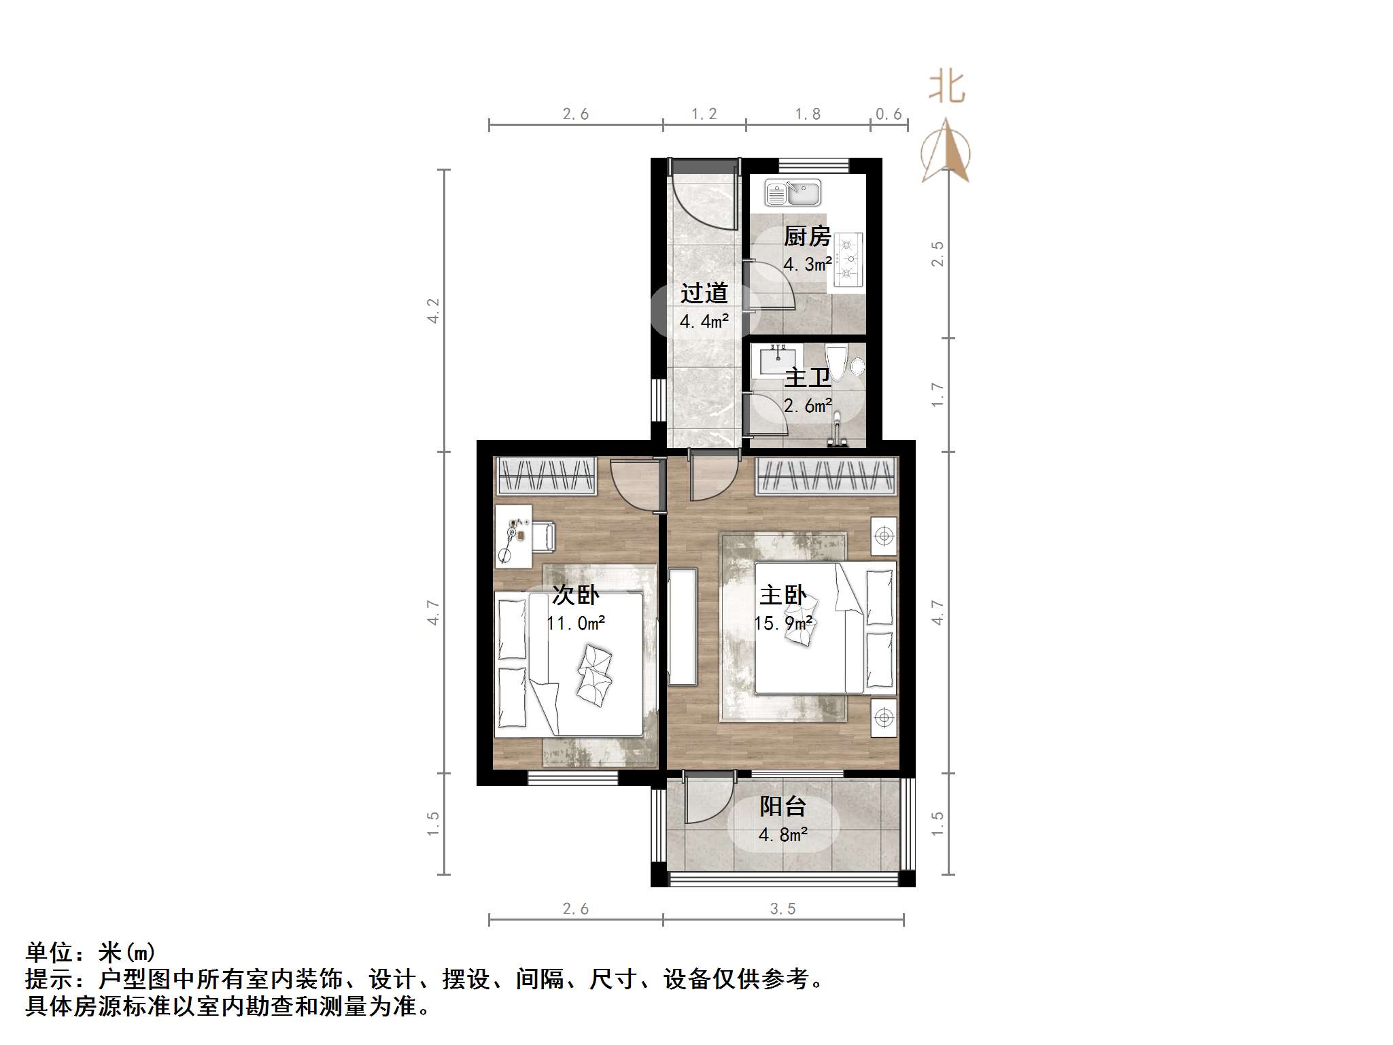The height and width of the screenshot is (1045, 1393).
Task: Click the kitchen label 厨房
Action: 807,237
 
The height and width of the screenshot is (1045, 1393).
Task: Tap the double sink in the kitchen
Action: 793,192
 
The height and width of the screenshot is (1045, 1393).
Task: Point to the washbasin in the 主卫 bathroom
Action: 777,358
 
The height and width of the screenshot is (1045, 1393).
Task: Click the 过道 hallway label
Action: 704,294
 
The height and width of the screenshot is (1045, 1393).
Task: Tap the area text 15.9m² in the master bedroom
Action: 783,623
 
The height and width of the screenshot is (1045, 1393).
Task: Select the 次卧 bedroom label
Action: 575,595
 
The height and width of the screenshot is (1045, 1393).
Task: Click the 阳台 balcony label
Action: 783,806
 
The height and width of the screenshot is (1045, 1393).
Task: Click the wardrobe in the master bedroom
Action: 827,475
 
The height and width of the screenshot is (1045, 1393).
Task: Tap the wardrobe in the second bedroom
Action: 547,475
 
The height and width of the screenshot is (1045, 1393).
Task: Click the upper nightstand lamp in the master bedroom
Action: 884,536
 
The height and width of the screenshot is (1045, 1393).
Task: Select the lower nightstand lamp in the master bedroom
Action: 884,717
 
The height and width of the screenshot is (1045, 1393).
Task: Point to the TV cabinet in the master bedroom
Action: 683,626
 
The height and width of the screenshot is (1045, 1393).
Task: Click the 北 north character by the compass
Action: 947,88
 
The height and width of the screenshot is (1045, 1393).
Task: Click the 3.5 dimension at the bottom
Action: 783,908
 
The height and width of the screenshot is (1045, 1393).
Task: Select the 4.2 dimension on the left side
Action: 433,311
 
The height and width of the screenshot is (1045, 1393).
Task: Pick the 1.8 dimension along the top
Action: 808,114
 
